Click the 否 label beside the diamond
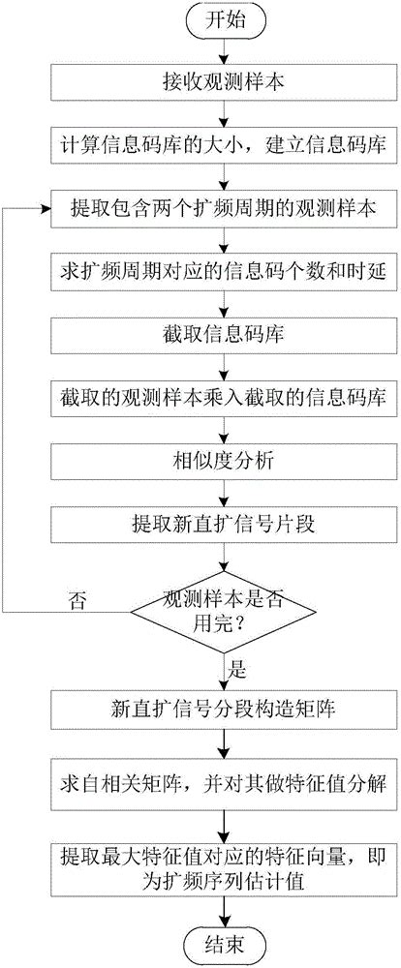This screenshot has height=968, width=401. click(x=76, y=599)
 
